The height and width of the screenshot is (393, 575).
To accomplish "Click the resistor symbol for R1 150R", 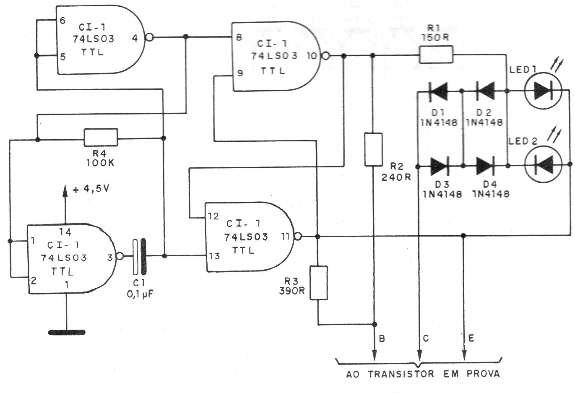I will point(436,55).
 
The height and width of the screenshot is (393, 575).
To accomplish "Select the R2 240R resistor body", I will point(373,149).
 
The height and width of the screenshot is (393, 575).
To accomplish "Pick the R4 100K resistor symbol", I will point(101,138).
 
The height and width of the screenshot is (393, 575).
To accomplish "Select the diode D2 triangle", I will point(485,91).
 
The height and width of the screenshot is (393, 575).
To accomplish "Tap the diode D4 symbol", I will point(486,164).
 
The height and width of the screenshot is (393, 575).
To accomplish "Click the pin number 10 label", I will point(313,55).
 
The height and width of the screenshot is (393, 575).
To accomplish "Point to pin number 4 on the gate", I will point(135,38).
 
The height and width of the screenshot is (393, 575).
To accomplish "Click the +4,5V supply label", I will point(91,189).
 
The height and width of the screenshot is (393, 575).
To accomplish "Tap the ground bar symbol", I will point(67,333).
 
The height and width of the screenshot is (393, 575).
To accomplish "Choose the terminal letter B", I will point(381,339).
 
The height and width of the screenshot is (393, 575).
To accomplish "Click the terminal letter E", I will point(471,339).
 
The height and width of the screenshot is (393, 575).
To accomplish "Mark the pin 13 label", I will point(214,256).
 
